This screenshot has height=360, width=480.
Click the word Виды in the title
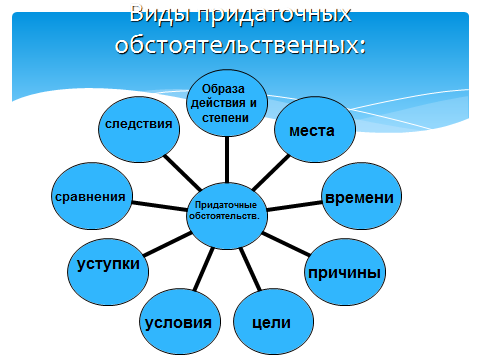(160, 14)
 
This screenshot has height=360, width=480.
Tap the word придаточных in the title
(274, 15)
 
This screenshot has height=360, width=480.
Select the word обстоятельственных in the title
(240, 44)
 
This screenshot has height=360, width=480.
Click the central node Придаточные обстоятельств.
(227, 216)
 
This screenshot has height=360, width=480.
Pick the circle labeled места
(315, 130)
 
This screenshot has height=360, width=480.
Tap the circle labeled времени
(361, 196)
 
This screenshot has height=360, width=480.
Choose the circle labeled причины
(345, 272)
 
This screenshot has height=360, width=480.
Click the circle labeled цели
(273, 322)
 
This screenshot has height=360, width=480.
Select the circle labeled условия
(180, 322)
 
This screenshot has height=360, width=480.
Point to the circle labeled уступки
(108, 272)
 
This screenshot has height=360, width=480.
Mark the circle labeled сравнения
(92, 196)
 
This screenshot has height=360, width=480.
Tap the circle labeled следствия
(139, 130)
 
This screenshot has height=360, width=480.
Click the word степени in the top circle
(225, 118)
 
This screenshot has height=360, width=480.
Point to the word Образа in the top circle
(223, 89)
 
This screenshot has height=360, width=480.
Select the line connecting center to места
(271, 173)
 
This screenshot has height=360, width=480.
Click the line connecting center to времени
(294, 206)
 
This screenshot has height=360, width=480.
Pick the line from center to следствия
(182, 172)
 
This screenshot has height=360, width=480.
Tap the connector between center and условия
(204, 269)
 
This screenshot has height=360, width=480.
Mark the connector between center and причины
(286, 244)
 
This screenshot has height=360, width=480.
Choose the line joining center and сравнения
(159, 206)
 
